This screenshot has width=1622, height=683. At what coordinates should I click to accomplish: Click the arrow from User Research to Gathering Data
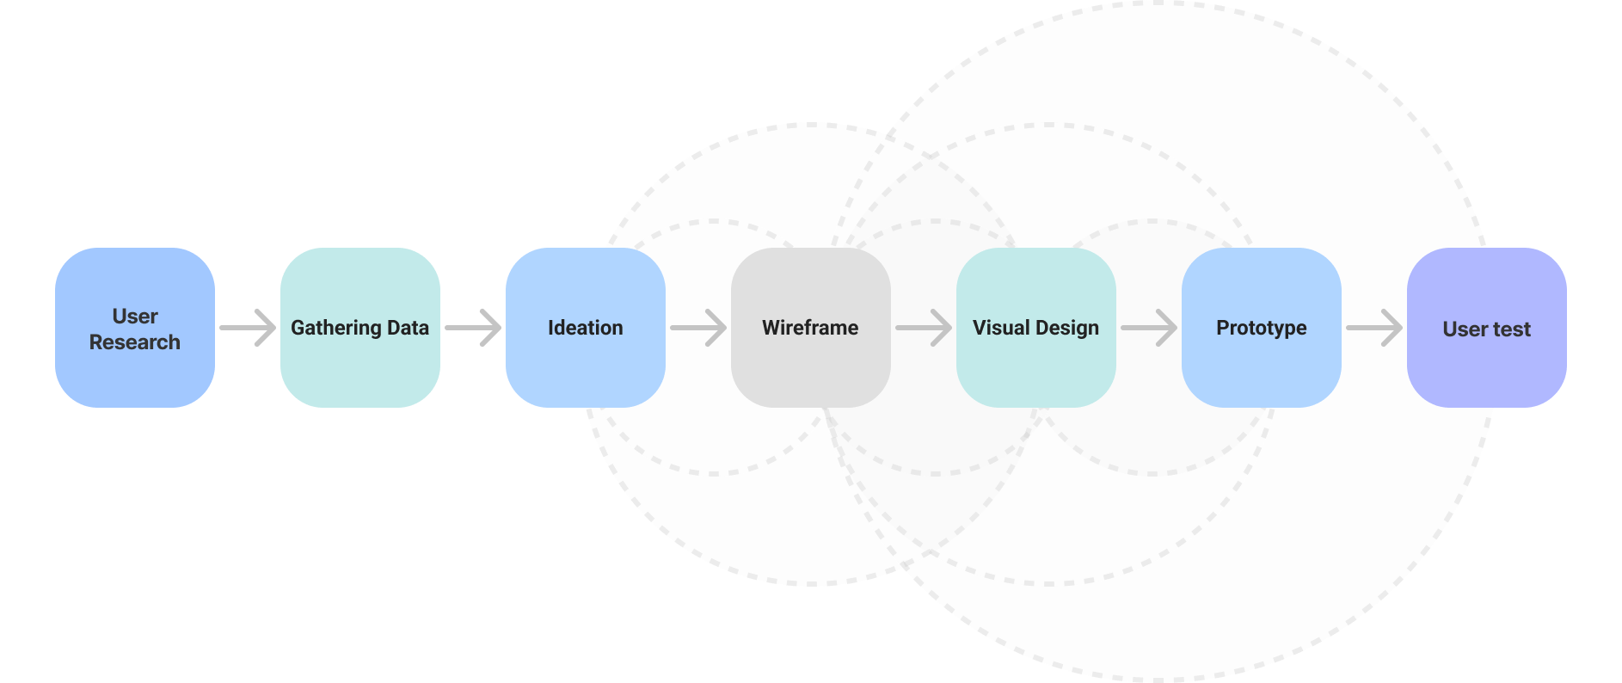[249, 328]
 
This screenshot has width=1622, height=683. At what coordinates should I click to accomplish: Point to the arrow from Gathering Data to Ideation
[474, 328]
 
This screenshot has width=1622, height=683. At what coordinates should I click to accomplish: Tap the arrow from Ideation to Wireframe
[699, 328]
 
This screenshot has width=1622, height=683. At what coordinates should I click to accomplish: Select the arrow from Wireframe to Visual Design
[925, 328]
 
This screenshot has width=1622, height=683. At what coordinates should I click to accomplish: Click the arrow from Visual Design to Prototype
[1150, 328]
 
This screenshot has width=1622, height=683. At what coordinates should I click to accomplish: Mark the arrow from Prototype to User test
[1375, 328]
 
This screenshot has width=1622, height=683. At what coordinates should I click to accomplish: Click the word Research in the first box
[135, 342]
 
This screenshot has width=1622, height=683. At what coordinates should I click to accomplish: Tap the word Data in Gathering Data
[408, 328]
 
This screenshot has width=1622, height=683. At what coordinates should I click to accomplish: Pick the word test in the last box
[1512, 329]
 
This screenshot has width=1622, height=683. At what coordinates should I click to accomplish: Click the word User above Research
[135, 317]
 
